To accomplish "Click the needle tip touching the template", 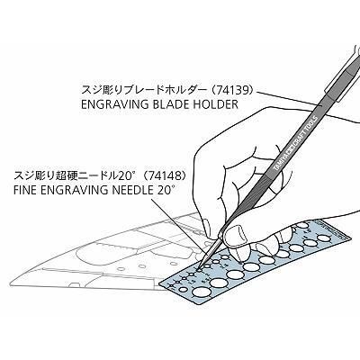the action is click(199, 268).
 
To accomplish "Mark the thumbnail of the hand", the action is click(235, 233).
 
